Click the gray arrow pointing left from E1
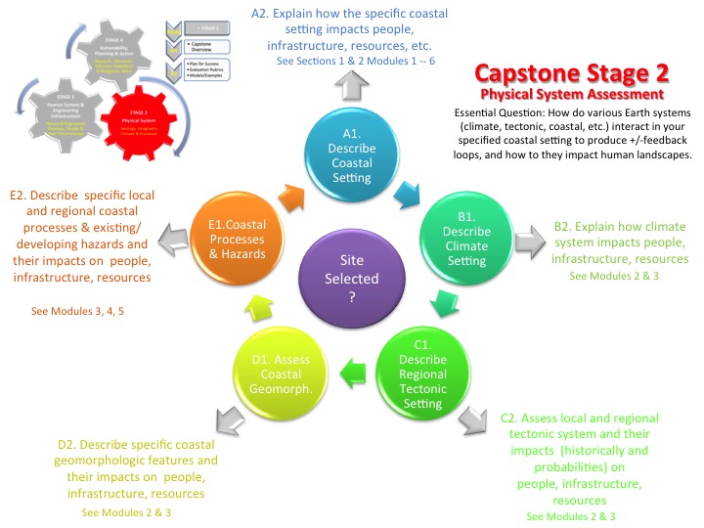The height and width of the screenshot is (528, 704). tap(183, 237)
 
